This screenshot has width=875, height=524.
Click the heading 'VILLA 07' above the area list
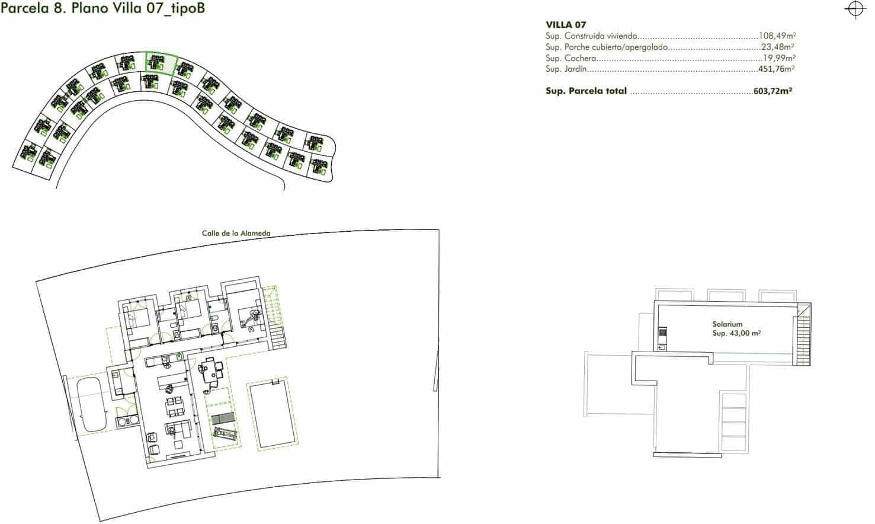pyautogui.click(x=566, y=25)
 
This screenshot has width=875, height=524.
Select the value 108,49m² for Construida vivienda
pyautogui.click(x=777, y=36)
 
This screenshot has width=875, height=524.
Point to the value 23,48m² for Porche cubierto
pyautogui.click(x=777, y=47)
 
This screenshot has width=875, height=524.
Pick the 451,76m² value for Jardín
pyautogui.click(x=776, y=69)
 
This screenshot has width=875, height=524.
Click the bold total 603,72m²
pyautogui.click(x=773, y=91)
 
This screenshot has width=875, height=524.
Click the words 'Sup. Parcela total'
pyautogui.click(x=586, y=91)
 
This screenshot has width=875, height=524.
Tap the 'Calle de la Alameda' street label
pyautogui.click(x=236, y=234)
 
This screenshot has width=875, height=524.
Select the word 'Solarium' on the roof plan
pyautogui.click(x=727, y=324)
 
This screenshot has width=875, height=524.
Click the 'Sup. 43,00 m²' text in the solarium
pyautogui.click(x=736, y=333)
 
